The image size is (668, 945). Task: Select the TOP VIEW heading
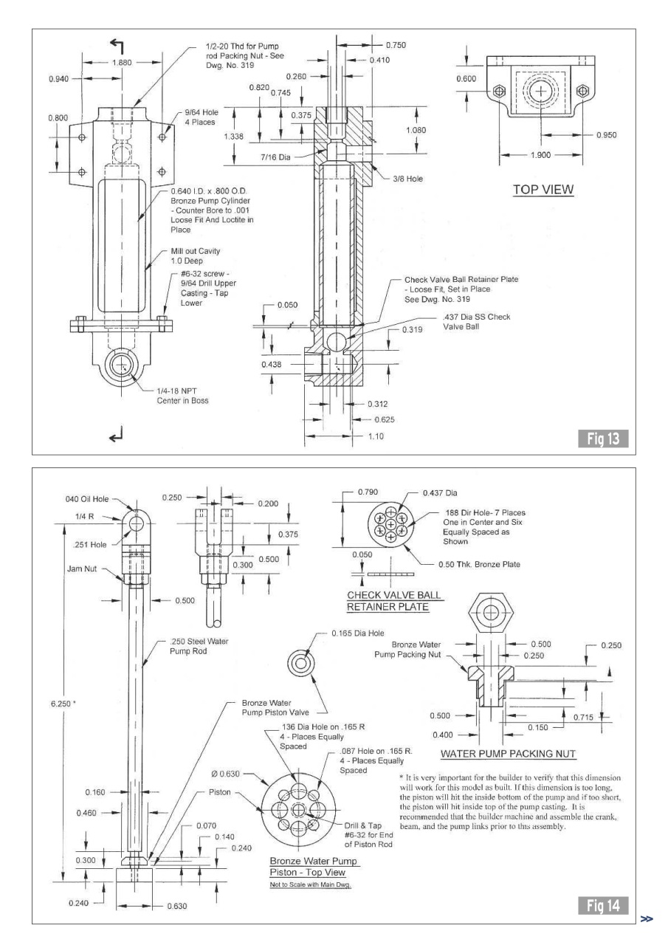(x=544, y=190)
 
